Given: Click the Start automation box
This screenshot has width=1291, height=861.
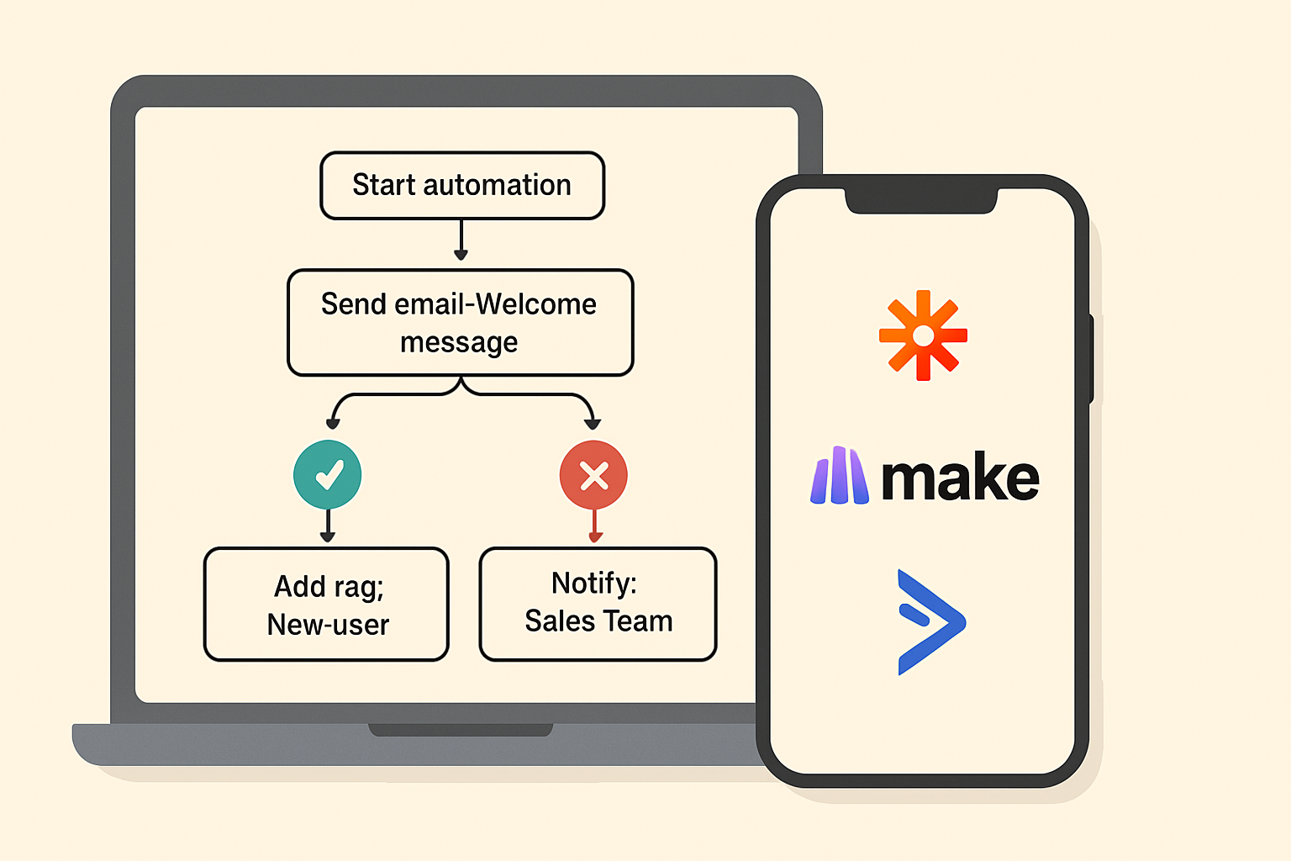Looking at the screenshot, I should coord(461,186).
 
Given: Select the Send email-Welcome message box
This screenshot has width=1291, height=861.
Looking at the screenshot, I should coord(460,323).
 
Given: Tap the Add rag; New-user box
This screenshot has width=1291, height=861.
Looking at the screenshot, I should coord(326,605).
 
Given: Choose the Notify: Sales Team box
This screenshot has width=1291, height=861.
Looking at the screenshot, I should coord(598,604).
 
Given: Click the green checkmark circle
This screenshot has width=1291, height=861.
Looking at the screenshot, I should coord(328,475).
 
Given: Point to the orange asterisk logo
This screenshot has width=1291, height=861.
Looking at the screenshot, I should coord(923,335).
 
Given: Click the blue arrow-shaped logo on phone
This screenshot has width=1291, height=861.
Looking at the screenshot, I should coord(930,622).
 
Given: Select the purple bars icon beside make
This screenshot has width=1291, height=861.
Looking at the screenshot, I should coord(839,476).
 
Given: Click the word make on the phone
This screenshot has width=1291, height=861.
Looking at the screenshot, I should coord(960,478).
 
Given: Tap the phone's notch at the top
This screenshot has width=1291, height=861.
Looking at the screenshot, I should coord(921,202).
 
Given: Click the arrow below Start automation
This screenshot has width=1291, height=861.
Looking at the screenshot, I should coord(461,241).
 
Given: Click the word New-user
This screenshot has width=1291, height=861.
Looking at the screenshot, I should coord(328,625).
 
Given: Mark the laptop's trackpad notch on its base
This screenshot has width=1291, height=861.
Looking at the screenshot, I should coord(461,730).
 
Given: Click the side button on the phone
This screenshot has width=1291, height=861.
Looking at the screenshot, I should coord(1092,357).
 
